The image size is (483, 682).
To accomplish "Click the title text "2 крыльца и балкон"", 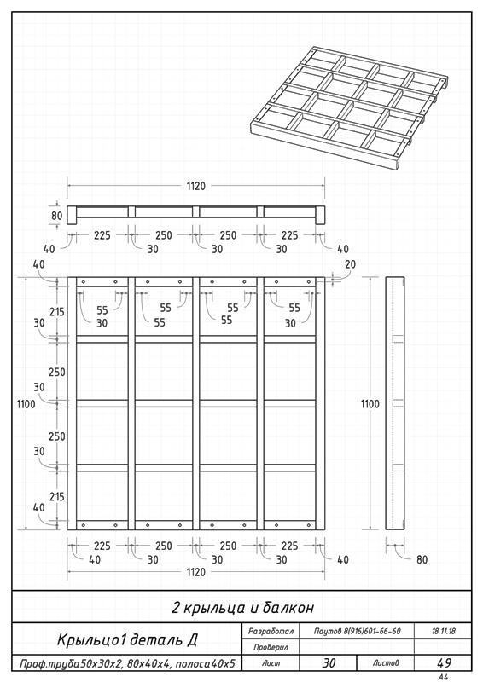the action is pos(242,607).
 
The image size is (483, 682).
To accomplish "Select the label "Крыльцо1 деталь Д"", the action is pos(127,640).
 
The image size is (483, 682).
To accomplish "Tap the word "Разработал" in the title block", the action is pos(271,631).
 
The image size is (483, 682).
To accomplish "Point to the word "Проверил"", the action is pos(271,647).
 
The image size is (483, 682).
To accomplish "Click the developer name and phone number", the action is pos(357,631).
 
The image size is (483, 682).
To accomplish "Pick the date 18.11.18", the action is pos(444,631).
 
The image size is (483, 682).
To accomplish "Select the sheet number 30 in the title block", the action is pos(329,663).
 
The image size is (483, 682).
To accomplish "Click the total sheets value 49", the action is pos(444,663).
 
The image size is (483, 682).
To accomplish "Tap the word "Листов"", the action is pos(386,663).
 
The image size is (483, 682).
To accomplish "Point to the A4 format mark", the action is pos(444,677).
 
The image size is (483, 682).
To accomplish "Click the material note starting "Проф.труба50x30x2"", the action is pos(127,663).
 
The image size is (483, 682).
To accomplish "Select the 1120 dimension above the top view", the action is pos(196,186).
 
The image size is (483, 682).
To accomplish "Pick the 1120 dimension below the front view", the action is pos(196,572).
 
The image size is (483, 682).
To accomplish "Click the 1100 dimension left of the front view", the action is pos(26,404).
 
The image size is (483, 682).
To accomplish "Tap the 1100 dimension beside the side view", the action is pos(370,404).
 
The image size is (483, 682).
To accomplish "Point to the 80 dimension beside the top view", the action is pos(57,216).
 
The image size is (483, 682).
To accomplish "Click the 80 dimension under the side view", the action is pos(422,559).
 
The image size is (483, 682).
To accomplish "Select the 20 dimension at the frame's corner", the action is pos(350,264).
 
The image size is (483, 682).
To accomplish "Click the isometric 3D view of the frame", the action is pos(349,108).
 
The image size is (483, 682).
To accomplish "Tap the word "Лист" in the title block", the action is pos(271,663).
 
